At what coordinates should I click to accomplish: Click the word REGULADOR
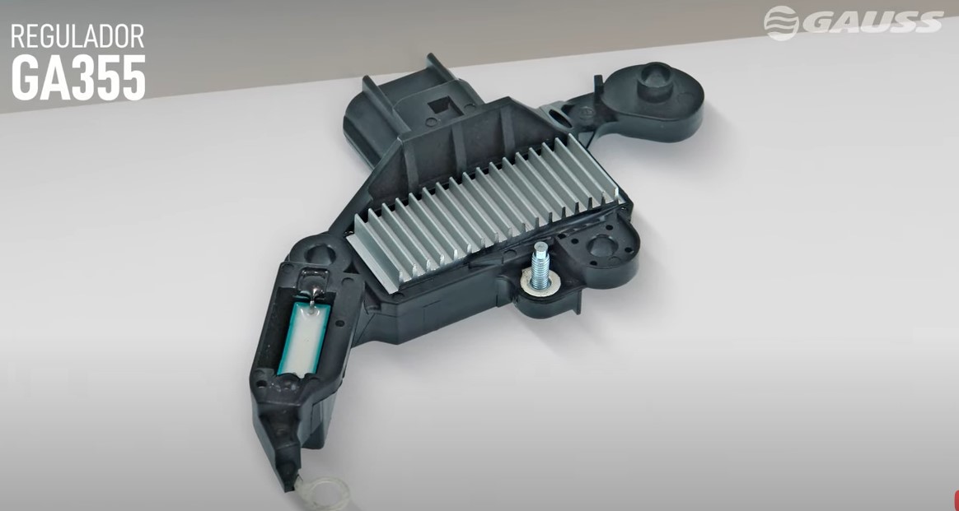[77, 37]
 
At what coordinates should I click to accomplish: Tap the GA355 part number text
[78, 78]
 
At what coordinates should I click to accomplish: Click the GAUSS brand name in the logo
[872, 22]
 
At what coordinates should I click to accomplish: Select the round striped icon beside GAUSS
[781, 22]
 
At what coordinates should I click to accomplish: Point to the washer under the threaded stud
[536, 283]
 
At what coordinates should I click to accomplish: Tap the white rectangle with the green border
[304, 337]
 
